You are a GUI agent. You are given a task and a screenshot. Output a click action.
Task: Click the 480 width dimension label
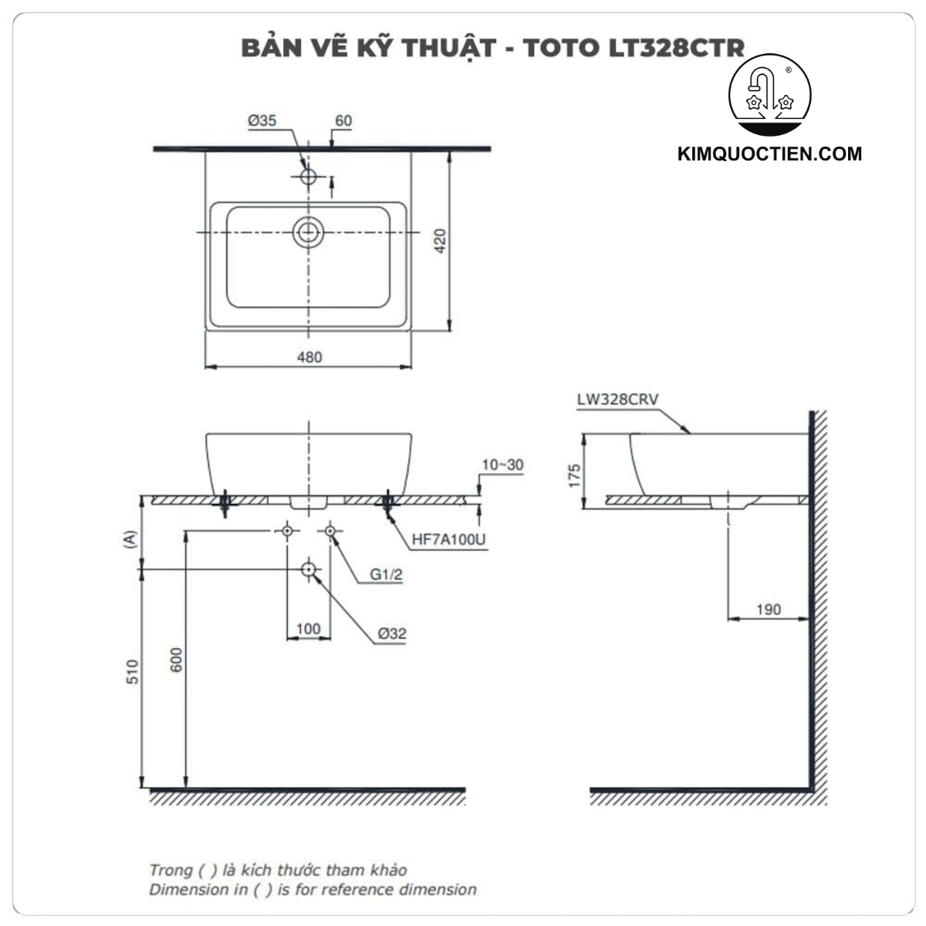[309, 357]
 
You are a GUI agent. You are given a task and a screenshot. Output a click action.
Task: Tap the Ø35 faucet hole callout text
[262, 120]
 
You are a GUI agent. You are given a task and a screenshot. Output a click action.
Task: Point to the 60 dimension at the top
[343, 120]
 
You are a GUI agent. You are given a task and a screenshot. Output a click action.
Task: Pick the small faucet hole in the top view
[309, 176]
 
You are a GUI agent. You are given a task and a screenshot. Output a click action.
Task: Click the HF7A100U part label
[448, 539]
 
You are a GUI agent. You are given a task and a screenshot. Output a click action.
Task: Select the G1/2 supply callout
[386, 575]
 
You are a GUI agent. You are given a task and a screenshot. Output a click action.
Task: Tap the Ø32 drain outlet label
[392, 634]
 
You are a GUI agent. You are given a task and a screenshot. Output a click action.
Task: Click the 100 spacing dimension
[309, 629]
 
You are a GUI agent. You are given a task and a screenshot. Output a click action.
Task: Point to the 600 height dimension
[177, 660]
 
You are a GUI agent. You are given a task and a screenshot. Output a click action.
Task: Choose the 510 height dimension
[133, 671]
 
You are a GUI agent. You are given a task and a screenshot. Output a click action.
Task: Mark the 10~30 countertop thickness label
[502, 465]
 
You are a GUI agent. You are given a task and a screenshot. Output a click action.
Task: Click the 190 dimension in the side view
[769, 610]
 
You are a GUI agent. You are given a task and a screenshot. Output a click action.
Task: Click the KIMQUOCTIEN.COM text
[769, 154]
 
